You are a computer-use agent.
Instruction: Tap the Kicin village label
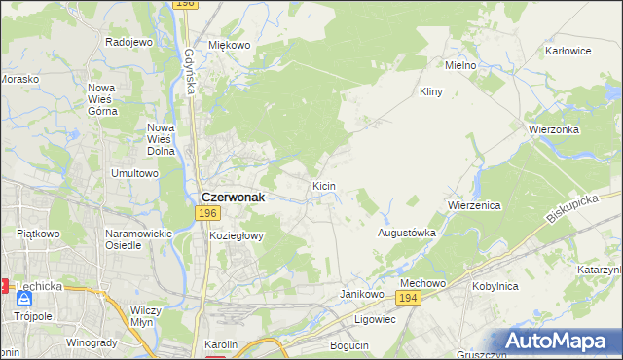[x=324, y=185]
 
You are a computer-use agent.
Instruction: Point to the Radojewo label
[x=129, y=43]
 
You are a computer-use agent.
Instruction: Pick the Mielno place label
[x=459, y=65]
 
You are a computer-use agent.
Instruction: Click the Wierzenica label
[x=473, y=206]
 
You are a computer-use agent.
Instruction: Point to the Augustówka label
[x=406, y=234]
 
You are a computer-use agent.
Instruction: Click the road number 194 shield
[x=410, y=299]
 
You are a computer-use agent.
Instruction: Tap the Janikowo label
[x=358, y=293]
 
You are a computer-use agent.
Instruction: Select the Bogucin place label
[x=349, y=345]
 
